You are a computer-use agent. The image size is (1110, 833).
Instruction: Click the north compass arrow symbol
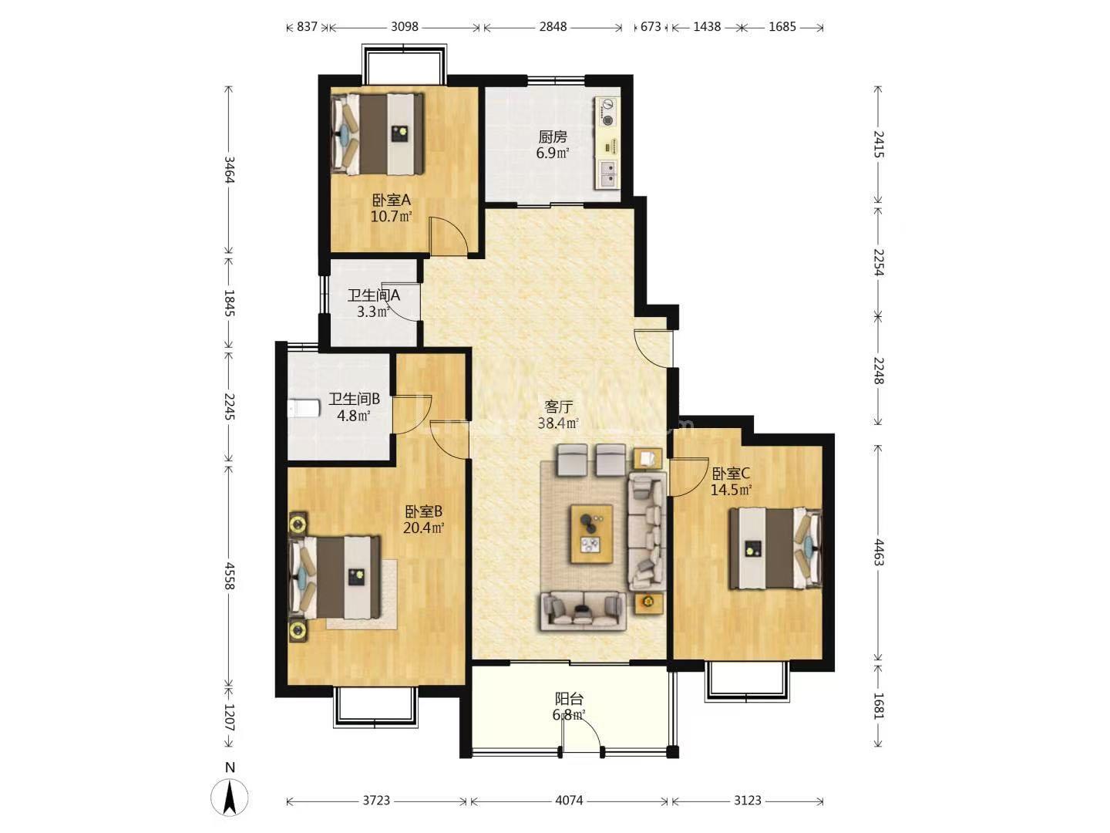click(230, 798)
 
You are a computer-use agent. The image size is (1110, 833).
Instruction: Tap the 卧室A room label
click(392, 201)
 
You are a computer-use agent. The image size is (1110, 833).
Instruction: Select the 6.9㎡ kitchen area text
click(553, 153)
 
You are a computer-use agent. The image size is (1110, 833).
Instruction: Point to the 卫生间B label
click(354, 399)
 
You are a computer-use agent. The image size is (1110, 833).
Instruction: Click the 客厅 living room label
click(558, 406)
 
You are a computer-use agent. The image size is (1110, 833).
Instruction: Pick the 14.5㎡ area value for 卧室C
click(732, 490)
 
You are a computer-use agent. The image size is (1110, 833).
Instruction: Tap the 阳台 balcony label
click(570, 699)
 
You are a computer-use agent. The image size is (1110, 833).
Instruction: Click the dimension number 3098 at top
click(405, 26)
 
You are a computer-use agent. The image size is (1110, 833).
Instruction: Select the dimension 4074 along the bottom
click(569, 800)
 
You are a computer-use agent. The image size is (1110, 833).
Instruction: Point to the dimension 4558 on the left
click(230, 575)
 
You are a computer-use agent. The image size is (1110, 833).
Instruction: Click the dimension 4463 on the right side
click(879, 552)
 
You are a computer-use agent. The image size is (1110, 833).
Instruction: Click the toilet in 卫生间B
click(304, 408)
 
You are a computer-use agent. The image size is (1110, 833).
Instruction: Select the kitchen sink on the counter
click(608, 174)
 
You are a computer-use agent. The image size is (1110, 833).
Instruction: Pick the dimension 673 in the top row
click(651, 26)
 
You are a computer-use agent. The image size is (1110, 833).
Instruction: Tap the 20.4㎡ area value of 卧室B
click(424, 528)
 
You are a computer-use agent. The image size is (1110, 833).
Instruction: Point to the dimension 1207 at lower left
click(230, 717)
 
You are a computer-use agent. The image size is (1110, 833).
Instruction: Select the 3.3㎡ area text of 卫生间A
click(372, 312)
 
